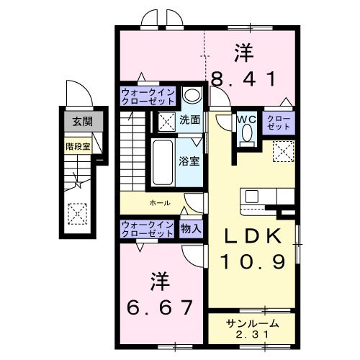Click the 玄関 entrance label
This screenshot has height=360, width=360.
coord(77,122)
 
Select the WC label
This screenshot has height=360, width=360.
coord(245,119)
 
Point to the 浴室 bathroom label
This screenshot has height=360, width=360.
coord(190,161)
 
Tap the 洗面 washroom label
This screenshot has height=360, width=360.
coord(190,119)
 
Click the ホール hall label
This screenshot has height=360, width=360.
coord(159,203)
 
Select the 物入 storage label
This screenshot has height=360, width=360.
coord(192,230)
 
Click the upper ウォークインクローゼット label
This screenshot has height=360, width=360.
coord(147,97)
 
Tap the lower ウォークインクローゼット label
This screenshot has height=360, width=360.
coord(147,230)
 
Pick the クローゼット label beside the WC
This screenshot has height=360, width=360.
coord(279,122)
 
